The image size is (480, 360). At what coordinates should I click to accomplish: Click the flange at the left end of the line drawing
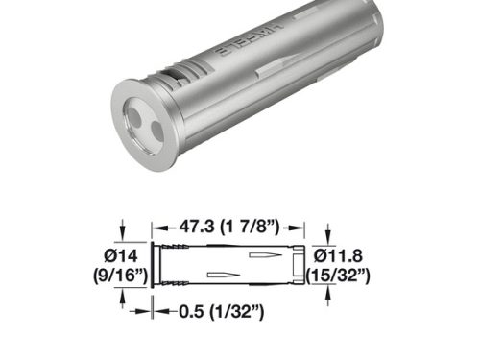pos(154,266)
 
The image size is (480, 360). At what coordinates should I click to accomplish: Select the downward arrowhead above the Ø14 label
pos(124,238)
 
